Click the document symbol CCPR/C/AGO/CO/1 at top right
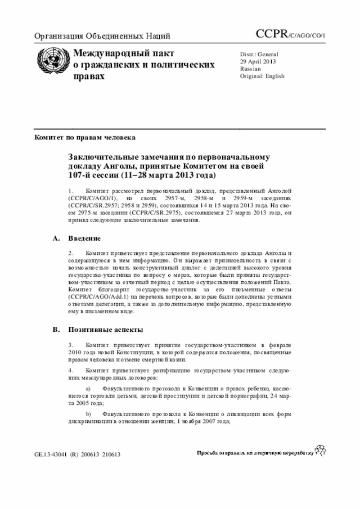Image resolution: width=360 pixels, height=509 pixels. [x=290, y=35]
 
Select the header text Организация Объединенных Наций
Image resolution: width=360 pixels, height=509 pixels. [x=102, y=37]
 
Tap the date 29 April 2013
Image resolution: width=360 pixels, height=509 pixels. [x=258, y=61]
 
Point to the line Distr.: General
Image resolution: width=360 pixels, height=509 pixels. [x=259, y=54]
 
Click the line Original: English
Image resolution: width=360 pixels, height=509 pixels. [x=262, y=76]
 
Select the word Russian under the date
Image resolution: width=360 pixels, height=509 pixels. [x=250, y=69]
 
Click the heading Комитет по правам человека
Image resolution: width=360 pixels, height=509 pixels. [x=84, y=137]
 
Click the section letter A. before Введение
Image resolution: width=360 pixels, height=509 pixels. [x=56, y=238]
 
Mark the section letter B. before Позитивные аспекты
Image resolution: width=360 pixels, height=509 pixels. [x=56, y=329]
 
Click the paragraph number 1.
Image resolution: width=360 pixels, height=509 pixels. [x=71, y=191]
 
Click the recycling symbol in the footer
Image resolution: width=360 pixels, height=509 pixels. [x=321, y=450]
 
